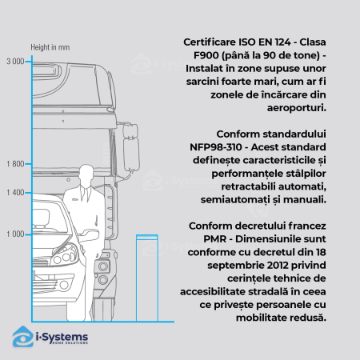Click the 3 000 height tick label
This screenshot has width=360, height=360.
(15, 62)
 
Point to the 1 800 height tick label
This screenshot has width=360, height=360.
(15, 164)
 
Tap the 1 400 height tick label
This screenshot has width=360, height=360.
(15, 192)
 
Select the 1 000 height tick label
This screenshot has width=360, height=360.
(15, 234)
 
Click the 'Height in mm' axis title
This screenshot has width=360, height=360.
(50, 47)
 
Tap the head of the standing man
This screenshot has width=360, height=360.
(86, 174)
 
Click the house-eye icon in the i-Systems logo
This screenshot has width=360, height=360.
(23, 337)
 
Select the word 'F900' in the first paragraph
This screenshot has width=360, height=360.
(206, 55)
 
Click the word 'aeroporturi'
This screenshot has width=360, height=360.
(297, 108)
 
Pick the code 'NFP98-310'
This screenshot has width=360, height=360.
(216, 147)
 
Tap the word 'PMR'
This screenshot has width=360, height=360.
(215, 239)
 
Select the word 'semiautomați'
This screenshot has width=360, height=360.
(235, 200)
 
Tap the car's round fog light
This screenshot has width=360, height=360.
(64, 285)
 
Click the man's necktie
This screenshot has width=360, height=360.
(86, 194)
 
